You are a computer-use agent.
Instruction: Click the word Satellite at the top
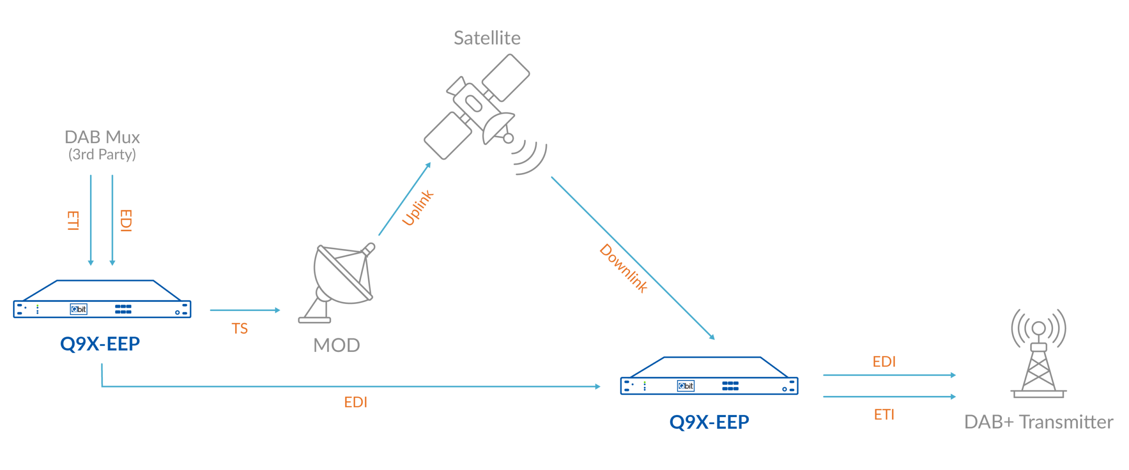tap(487, 38)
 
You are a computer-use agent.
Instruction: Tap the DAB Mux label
tap(102, 137)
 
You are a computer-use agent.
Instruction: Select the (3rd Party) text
tap(102, 155)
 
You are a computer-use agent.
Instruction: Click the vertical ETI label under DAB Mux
tap(73, 220)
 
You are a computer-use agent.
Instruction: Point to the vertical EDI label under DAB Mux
tap(126, 220)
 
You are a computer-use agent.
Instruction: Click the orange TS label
tap(240, 329)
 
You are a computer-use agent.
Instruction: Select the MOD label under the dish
tap(336, 345)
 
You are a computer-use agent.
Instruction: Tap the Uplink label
tap(418, 208)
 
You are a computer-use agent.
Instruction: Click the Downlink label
tap(624, 268)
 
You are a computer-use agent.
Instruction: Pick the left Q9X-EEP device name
tap(100, 344)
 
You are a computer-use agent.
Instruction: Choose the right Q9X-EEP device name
tap(709, 422)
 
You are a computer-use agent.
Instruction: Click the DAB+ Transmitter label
tap(1039, 422)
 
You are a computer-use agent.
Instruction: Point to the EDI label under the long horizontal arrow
tap(355, 402)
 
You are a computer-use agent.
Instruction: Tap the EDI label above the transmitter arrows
tap(884, 362)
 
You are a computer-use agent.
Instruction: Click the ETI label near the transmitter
tap(884, 414)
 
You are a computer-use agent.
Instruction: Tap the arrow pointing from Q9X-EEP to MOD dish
tap(245, 310)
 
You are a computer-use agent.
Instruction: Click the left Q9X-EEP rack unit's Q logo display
tap(79, 309)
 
